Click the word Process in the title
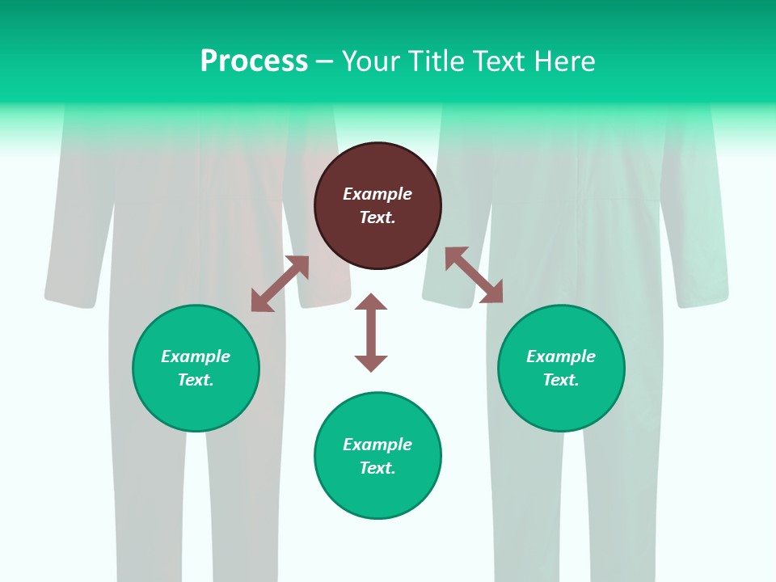[254, 61]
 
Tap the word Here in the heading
[564, 61]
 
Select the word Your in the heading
[373, 61]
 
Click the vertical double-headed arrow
[371, 332]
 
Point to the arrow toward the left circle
[280, 284]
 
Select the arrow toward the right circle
[474, 275]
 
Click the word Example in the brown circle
[377, 194]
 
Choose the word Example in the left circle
[196, 356]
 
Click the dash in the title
[324, 62]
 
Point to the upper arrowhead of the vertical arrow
[371, 302]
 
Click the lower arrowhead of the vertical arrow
[371, 363]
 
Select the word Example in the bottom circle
[377, 445]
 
